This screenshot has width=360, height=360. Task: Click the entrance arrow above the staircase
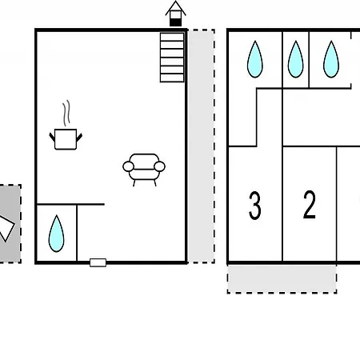[x=175, y=14]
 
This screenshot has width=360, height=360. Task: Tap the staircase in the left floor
[x=172, y=57]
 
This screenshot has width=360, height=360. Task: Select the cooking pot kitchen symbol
[x=66, y=139]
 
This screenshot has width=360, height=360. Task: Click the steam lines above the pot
[x=66, y=113]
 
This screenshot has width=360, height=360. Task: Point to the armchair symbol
[x=144, y=170]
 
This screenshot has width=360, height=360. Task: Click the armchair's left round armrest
[x=128, y=166]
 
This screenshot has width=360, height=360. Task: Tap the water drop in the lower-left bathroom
[x=56, y=234]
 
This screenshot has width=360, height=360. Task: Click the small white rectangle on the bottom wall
[x=98, y=262]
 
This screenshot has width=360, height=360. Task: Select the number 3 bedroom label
[x=255, y=206]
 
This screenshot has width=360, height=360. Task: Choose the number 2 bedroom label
[x=310, y=205]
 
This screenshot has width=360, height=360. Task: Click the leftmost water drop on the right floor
[x=255, y=59]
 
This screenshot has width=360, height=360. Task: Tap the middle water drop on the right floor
[x=295, y=59]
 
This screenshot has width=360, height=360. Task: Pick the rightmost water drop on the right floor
[x=331, y=59]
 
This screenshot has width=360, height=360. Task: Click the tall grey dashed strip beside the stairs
[x=201, y=146]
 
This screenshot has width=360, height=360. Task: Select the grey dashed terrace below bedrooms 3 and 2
[x=282, y=279]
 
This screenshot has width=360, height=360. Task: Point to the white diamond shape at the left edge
[x=6, y=228]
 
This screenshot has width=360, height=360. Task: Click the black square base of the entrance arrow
[x=175, y=22]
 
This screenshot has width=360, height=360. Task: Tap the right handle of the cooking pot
[x=79, y=138]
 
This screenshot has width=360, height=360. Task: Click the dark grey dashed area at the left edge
[x=10, y=223]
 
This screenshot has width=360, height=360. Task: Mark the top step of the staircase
[x=172, y=37]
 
